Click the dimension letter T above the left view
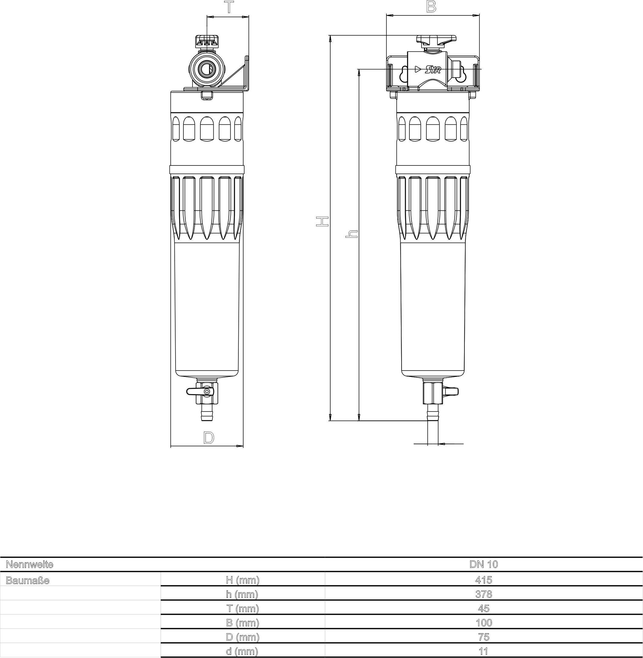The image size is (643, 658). tap(229, 8)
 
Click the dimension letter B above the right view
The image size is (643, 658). tap(431, 6)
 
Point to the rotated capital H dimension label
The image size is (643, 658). tap(322, 222)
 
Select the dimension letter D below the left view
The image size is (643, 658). tap(209, 438)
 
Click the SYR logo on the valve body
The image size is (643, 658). tap(433, 69)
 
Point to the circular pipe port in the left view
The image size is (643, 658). tap(204, 69)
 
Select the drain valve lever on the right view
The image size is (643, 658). tap(451, 391)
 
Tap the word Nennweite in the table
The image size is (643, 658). tap(30, 564)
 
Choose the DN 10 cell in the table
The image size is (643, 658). tap(483, 564)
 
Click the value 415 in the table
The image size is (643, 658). tap(483, 580)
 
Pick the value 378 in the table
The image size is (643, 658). tap(483, 594)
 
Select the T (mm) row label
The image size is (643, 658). tap(242, 608)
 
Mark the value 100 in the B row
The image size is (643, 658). tap(483, 623)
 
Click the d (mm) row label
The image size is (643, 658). tap(242, 651)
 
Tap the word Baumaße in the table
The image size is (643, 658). tap(28, 580)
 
